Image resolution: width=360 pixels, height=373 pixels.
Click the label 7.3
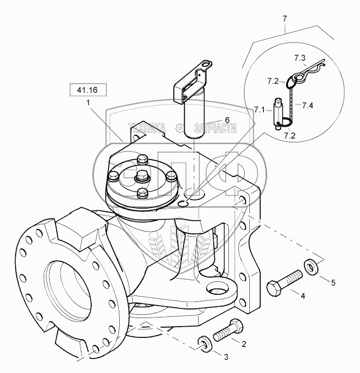[x=300, y=57]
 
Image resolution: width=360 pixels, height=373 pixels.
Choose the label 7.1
[x=260, y=110]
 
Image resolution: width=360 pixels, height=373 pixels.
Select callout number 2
[x=244, y=343]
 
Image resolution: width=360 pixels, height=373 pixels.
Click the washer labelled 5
[x=311, y=266]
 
